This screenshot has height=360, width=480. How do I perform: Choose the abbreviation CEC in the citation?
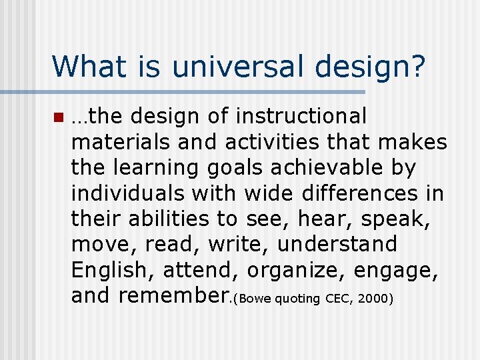338,298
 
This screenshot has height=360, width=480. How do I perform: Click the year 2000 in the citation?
373,298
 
